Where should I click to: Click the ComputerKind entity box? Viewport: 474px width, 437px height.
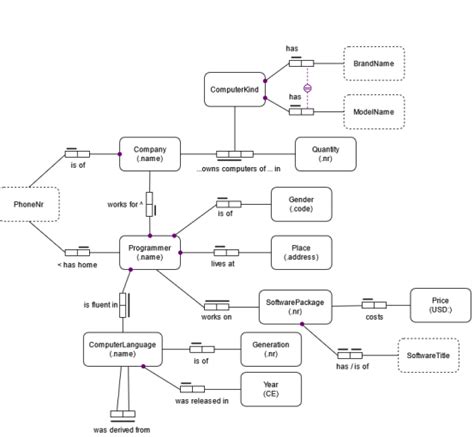pos(234,90)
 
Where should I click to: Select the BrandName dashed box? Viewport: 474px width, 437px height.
pos(374,63)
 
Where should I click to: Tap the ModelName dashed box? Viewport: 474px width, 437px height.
pos(374,110)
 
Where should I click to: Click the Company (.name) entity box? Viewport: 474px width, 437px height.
pos(150,154)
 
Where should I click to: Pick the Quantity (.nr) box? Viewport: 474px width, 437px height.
pos(325,154)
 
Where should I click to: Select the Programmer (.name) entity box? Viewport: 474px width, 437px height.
pos(150,252)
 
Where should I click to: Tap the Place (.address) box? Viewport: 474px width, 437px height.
pos(301,252)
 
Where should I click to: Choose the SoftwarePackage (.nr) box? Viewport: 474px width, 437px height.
pos(297,305)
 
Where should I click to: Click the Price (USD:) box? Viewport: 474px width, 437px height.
pos(439,305)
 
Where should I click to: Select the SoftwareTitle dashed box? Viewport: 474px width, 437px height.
pos(428,355)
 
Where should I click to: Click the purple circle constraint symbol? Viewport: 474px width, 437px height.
pos(308,87)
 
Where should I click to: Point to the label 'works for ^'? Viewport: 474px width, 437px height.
pos(126,204)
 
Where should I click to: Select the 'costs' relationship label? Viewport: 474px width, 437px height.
pos(374,317)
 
